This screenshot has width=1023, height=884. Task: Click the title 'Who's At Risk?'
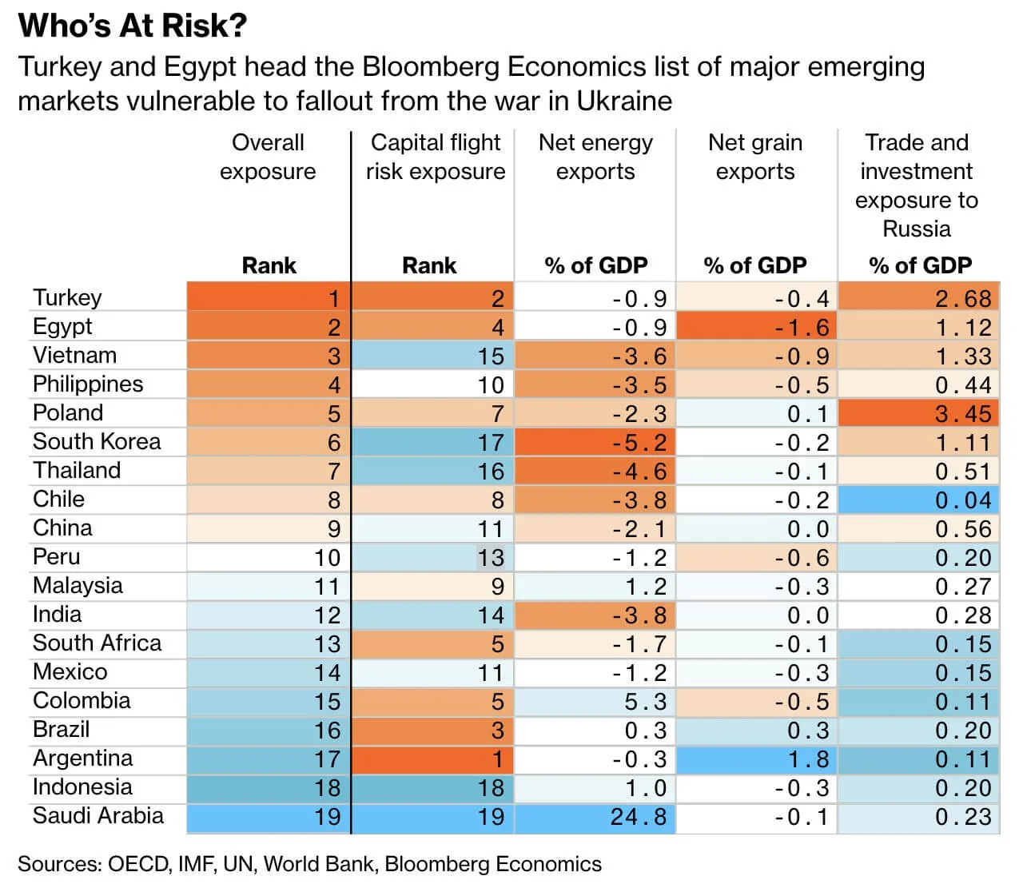[x=133, y=26]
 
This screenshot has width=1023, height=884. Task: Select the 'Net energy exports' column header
[x=595, y=157]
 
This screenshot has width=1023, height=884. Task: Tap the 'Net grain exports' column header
[x=755, y=157]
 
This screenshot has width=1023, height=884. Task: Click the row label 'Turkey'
[x=68, y=297]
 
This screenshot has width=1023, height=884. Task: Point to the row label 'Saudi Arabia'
[x=98, y=815]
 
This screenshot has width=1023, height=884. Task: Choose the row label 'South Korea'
[x=97, y=441]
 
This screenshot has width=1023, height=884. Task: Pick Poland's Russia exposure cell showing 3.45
[x=962, y=414]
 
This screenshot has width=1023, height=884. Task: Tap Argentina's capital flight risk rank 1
[x=497, y=759]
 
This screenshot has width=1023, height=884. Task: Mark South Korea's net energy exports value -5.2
[x=639, y=443]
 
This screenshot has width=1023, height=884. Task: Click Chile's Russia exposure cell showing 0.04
[x=962, y=500]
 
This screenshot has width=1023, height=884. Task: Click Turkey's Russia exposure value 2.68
[x=962, y=299]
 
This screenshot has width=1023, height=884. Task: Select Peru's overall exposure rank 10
[x=328, y=558]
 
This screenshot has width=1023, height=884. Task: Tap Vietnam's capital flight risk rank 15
[x=491, y=356]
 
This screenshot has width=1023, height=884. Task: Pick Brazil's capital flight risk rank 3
[x=497, y=731]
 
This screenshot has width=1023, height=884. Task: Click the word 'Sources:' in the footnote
[x=59, y=864]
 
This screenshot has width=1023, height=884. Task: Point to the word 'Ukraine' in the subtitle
[x=624, y=101]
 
